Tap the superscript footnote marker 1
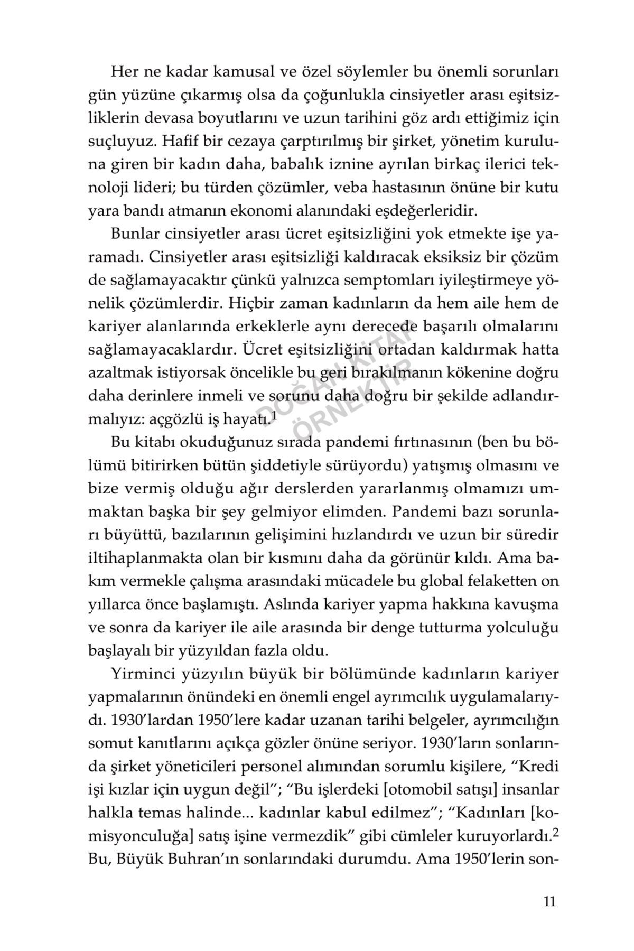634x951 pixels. click(273, 416)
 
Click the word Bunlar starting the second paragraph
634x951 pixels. click(134, 234)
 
